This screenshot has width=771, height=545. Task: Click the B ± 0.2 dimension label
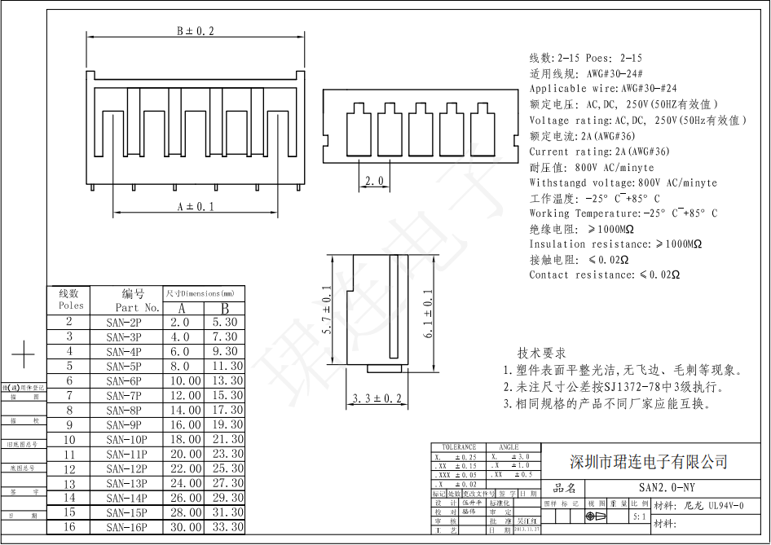(x=196, y=31)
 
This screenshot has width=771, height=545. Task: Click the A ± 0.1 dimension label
(x=196, y=207)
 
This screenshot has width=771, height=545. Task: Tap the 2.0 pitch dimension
(x=374, y=181)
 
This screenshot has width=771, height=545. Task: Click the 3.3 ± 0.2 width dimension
(x=377, y=398)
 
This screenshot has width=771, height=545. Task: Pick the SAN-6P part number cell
(x=124, y=381)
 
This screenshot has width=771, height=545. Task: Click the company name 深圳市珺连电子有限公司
(x=648, y=462)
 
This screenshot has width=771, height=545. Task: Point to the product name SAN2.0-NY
(x=667, y=488)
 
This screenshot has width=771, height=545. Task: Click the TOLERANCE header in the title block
(x=458, y=447)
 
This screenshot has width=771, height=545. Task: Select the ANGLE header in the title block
(x=509, y=447)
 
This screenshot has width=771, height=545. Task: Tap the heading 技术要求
(x=541, y=353)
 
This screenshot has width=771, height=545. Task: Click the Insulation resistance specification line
(x=615, y=244)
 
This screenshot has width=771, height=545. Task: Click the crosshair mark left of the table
(x=24, y=355)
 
